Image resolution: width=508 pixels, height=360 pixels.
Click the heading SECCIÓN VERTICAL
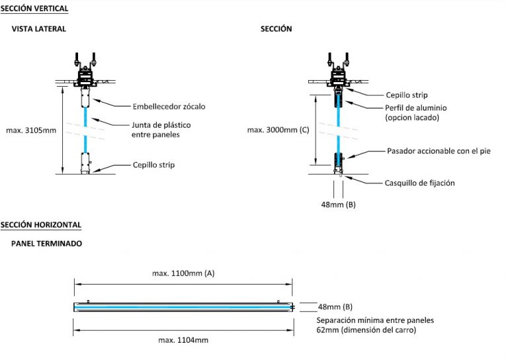tap(34, 9)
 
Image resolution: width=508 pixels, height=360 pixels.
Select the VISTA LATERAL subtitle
tap(38, 29)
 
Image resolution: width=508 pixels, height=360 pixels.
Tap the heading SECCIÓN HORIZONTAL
tap(40, 225)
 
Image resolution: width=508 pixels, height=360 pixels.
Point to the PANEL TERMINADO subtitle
tap(46, 244)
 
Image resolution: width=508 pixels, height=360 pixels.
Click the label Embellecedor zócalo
tap(168, 106)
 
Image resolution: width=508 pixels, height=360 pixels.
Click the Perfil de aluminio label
tap(416, 112)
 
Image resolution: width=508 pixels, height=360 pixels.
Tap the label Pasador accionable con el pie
tap(439, 151)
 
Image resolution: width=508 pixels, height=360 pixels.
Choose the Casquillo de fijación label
tap(420, 183)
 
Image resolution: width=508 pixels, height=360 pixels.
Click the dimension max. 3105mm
tap(31, 130)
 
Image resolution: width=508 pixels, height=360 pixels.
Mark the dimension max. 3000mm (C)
tap(278, 130)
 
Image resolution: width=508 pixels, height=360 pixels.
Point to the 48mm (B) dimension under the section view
tap(338, 204)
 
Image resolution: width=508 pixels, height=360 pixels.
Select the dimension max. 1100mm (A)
tap(183, 273)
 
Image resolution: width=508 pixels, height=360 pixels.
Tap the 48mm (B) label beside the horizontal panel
tap(335, 306)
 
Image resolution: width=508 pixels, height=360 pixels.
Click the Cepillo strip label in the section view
tap(406, 95)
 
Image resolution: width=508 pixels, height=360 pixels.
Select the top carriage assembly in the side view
tap(86, 69)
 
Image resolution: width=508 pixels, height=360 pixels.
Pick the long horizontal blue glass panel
tap(183, 306)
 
